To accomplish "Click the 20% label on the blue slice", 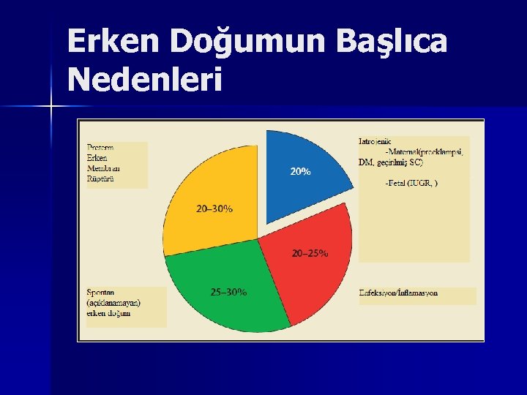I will (x=300, y=172).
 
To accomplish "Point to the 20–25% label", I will (x=310, y=253).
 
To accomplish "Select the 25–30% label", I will (x=228, y=293).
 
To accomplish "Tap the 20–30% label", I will (x=214, y=208).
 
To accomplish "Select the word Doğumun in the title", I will (x=249, y=43).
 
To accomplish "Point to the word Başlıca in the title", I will (x=392, y=43).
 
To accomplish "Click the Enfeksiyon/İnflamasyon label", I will (x=398, y=293).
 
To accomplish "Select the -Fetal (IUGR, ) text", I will (x=411, y=183).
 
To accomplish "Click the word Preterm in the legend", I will (x=100, y=147).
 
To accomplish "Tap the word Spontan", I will (x=101, y=293).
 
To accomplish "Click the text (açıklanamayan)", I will (x=113, y=303).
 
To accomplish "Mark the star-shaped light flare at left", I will (x=51, y=107).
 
